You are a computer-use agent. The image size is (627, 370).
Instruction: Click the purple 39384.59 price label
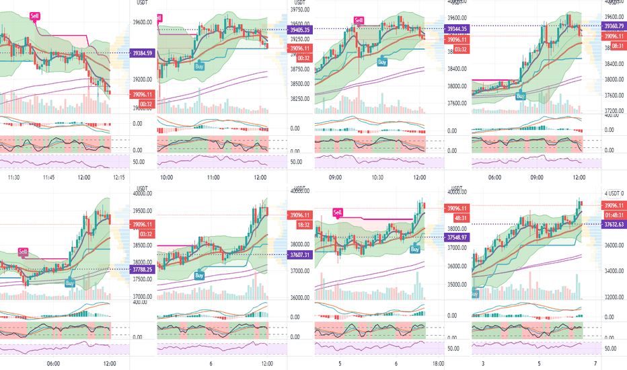(x=143, y=53)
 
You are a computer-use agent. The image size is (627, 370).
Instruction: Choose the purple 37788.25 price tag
(x=143, y=269)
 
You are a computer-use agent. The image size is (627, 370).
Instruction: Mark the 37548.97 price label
(x=459, y=237)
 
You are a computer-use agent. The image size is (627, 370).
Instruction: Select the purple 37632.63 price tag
(x=613, y=225)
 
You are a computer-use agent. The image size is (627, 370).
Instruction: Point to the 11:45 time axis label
(x=48, y=178)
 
